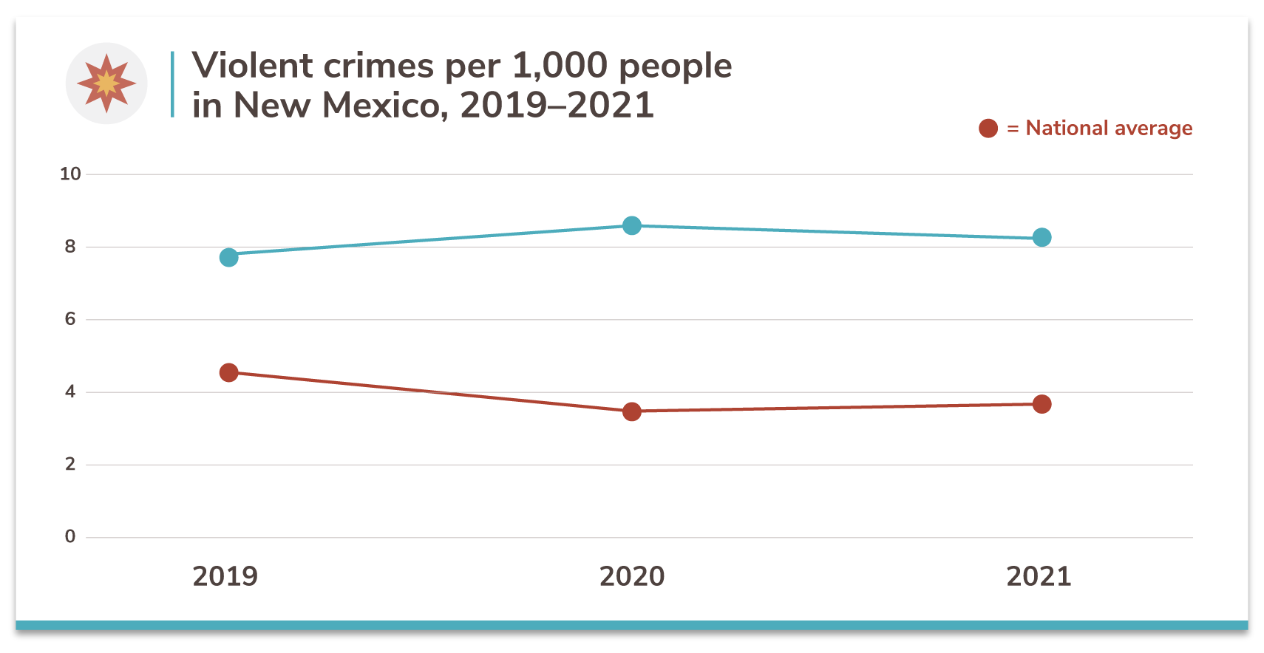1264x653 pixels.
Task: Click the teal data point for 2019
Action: pos(229,257)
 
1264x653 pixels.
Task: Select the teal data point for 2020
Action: pos(632,225)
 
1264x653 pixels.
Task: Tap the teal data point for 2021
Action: pos(1042,237)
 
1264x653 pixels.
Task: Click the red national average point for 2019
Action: pos(229,372)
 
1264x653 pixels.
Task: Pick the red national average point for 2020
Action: pos(632,411)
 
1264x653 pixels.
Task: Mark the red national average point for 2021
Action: pos(1042,404)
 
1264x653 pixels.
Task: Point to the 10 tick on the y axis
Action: pos(70,174)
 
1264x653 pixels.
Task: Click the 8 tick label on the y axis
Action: pos(70,247)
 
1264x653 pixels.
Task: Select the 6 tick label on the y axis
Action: pos(70,319)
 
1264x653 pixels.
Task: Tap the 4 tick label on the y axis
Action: pos(70,392)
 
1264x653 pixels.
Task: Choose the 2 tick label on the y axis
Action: pos(70,464)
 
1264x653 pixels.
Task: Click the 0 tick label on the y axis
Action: pos(70,536)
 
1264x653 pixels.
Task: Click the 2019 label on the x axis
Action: pos(225,576)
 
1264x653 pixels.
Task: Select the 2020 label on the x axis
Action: pos(632,576)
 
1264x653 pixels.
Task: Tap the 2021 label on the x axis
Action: pos(1039,576)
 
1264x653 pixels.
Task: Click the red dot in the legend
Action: pos(988,129)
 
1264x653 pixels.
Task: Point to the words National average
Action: pos(1109,129)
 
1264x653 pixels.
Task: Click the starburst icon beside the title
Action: pos(106,83)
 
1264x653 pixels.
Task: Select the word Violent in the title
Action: pos(252,66)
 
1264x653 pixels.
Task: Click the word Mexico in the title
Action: pos(385,105)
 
